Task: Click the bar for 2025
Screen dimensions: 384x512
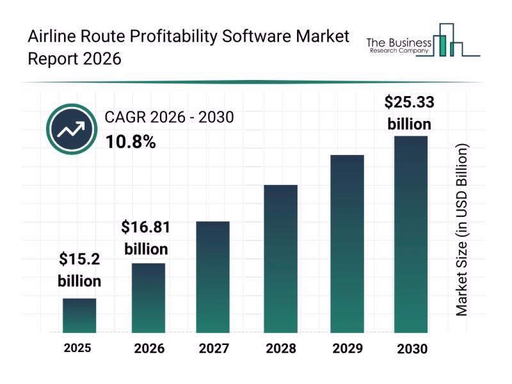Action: (79, 316)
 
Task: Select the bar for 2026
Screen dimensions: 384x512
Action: (148, 298)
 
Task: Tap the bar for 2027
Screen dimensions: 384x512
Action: (212, 277)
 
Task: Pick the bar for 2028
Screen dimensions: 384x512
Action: (281, 259)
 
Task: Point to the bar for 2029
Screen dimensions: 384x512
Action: (347, 244)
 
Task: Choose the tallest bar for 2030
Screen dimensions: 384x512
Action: (410, 234)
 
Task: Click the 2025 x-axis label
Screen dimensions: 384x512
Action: (77, 348)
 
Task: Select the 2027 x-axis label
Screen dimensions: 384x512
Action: (212, 349)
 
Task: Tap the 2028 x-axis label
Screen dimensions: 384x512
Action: (281, 349)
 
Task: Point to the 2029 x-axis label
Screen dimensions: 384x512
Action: (347, 349)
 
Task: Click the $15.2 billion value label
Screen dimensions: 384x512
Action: (79, 269)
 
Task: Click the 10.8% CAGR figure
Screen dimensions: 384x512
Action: (131, 142)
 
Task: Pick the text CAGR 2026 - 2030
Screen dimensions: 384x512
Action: (169, 117)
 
